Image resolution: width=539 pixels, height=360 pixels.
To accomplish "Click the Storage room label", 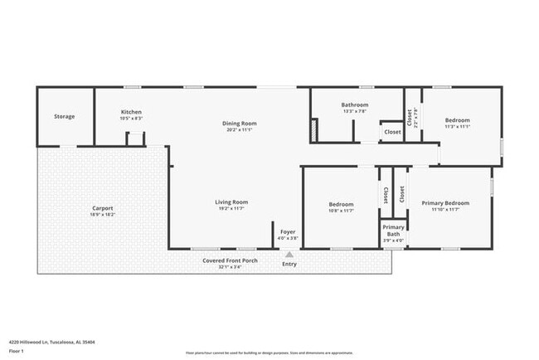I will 65,116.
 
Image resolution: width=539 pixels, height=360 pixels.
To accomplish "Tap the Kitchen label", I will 131,112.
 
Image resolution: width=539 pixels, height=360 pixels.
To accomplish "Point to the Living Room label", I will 233,202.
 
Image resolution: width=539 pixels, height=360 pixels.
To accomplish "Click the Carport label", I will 103,208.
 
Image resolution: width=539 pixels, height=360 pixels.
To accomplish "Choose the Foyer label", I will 288,231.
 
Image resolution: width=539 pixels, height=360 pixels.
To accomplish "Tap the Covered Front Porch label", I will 231,260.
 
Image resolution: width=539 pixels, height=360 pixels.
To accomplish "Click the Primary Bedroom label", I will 445,203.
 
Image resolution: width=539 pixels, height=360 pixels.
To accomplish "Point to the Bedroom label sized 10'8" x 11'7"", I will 341,204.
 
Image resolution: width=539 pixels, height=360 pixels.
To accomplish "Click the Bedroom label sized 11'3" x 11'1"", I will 457,120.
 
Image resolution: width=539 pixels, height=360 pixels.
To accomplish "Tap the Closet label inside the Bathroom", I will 392,132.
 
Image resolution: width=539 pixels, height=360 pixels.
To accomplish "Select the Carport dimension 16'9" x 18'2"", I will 103,215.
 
